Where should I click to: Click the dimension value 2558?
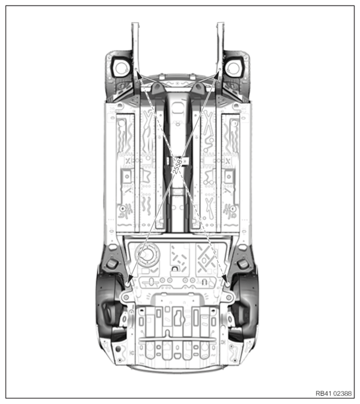(178, 167)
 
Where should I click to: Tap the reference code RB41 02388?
(334, 394)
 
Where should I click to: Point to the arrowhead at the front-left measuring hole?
(139, 75)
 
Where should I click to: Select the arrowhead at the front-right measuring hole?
(218, 75)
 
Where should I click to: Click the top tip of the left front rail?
(136, 23)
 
